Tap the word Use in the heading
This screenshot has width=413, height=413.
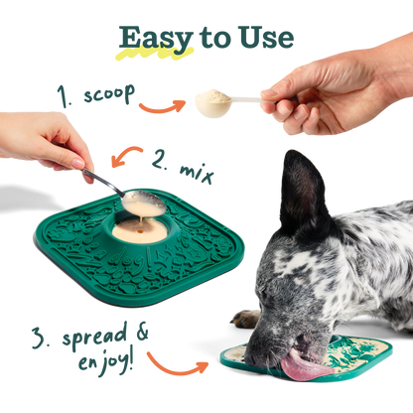point(267,38)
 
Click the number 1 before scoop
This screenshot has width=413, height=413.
point(65,95)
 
